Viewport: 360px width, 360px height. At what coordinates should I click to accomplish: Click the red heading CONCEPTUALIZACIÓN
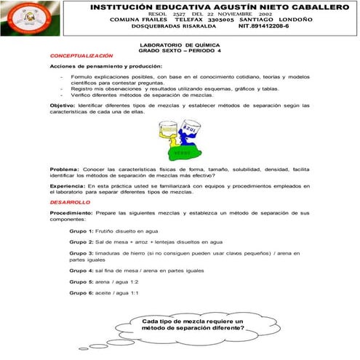coord(81,56)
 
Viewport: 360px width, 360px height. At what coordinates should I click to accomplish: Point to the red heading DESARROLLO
coord(71,201)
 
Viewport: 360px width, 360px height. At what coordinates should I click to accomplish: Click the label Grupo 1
coord(81,231)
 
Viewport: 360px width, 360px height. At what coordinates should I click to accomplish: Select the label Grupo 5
coord(81,281)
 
